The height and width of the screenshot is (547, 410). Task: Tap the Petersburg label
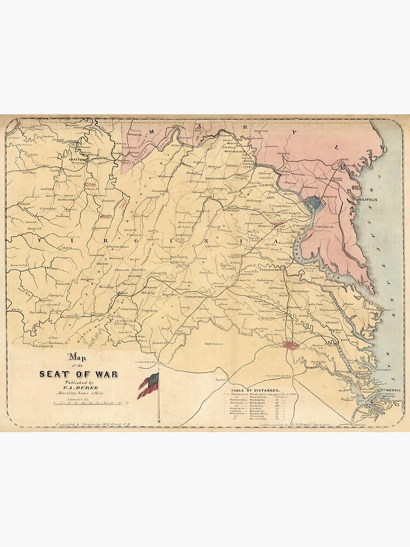280,376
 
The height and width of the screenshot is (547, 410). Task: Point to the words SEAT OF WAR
75,374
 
